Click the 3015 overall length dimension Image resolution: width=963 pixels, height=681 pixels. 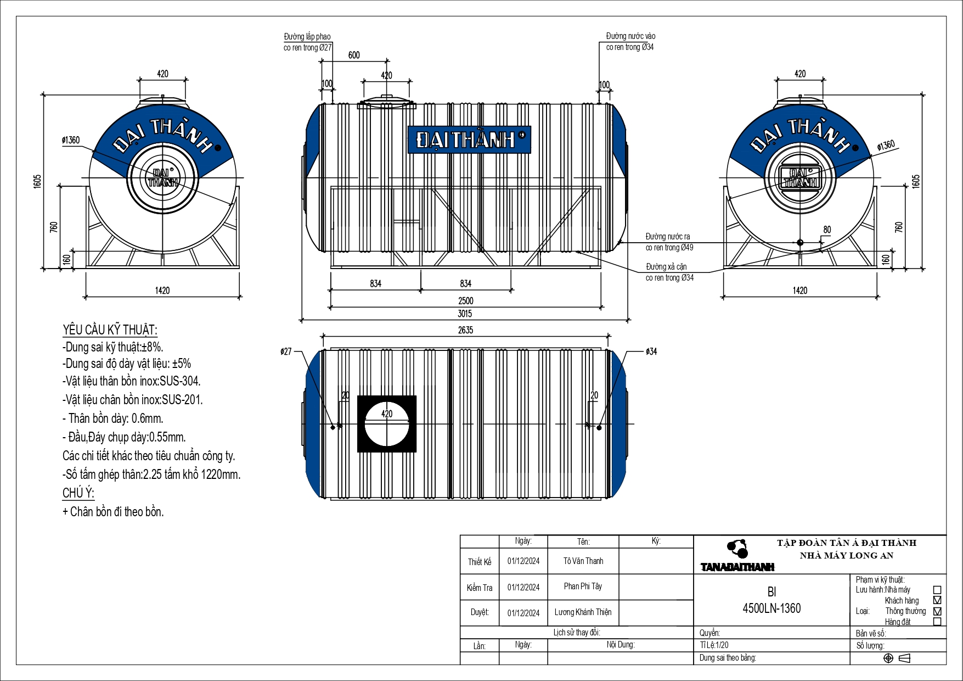tap(465, 314)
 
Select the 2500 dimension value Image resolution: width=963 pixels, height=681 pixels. tap(465, 301)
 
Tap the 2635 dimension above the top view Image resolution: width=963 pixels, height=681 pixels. tap(465, 330)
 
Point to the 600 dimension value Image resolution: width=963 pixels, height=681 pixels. tap(354, 55)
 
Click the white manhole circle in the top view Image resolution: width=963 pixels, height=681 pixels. tap(387, 424)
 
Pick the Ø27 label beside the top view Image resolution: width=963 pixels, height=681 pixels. tap(286, 351)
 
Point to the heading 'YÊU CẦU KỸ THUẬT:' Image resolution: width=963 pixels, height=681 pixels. tap(110, 330)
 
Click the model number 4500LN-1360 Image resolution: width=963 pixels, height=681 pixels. tap(771, 609)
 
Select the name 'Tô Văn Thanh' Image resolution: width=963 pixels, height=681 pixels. tap(583, 561)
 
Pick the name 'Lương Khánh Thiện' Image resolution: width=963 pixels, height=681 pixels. tap(583, 612)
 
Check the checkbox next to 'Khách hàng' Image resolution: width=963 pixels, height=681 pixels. tap(937, 600)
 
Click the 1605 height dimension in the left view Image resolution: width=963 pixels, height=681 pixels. tap(37, 182)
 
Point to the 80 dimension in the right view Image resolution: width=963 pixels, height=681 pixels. tap(827, 230)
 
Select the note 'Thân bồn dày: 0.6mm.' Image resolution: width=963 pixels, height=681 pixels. tap(113, 418)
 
